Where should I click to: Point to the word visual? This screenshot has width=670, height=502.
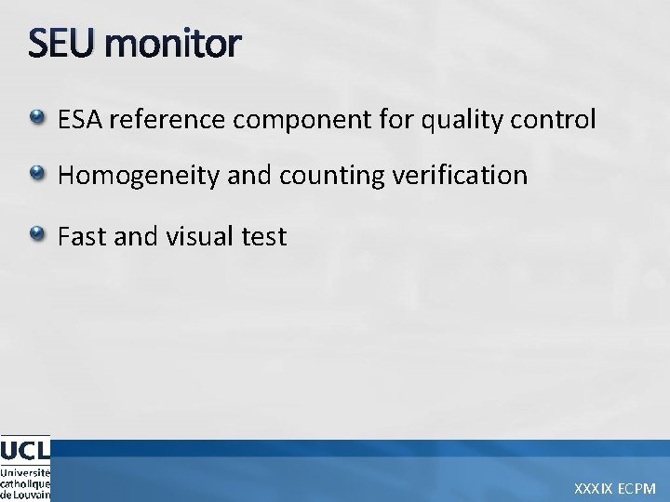[x=198, y=236]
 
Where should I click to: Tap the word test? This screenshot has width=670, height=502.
[x=264, y=237]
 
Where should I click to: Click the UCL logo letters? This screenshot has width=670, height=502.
[x=24, y=450]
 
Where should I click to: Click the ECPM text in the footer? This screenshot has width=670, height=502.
[x=639, y=488]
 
